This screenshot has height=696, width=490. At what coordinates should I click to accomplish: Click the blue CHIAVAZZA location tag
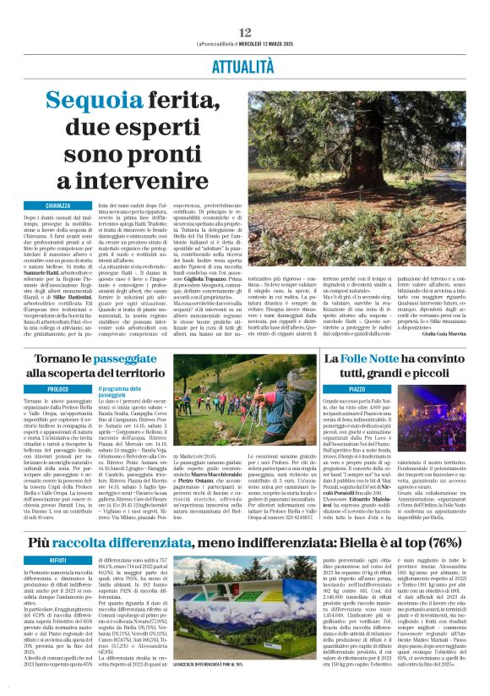(52, 206)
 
